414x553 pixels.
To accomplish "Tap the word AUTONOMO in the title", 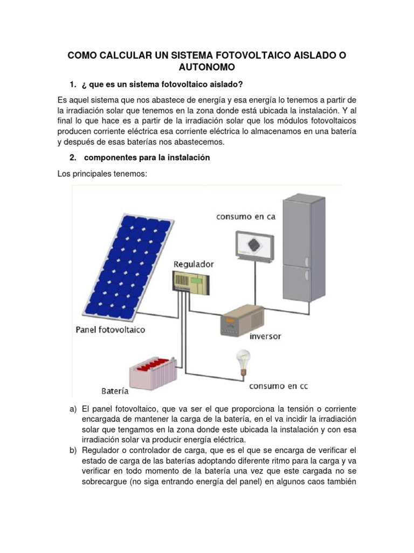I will (x=206, y=67).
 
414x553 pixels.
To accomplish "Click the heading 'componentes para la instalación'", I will (x=147, y=158).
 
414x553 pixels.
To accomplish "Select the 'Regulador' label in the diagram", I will (x=194, y=264).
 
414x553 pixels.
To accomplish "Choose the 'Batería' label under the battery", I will (x=115, y=390).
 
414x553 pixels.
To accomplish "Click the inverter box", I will (x=241, y=320).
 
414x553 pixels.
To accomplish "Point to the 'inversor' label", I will (x=265, y=336).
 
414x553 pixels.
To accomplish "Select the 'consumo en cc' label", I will (x=278, y=387).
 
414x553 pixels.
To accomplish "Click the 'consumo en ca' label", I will (x=246, y=217).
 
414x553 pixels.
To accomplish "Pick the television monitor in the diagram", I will (x=254, y=246).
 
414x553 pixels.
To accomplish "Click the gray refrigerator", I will (x=303, y=251).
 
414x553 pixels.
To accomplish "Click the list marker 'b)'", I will (x=73, y=450).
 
